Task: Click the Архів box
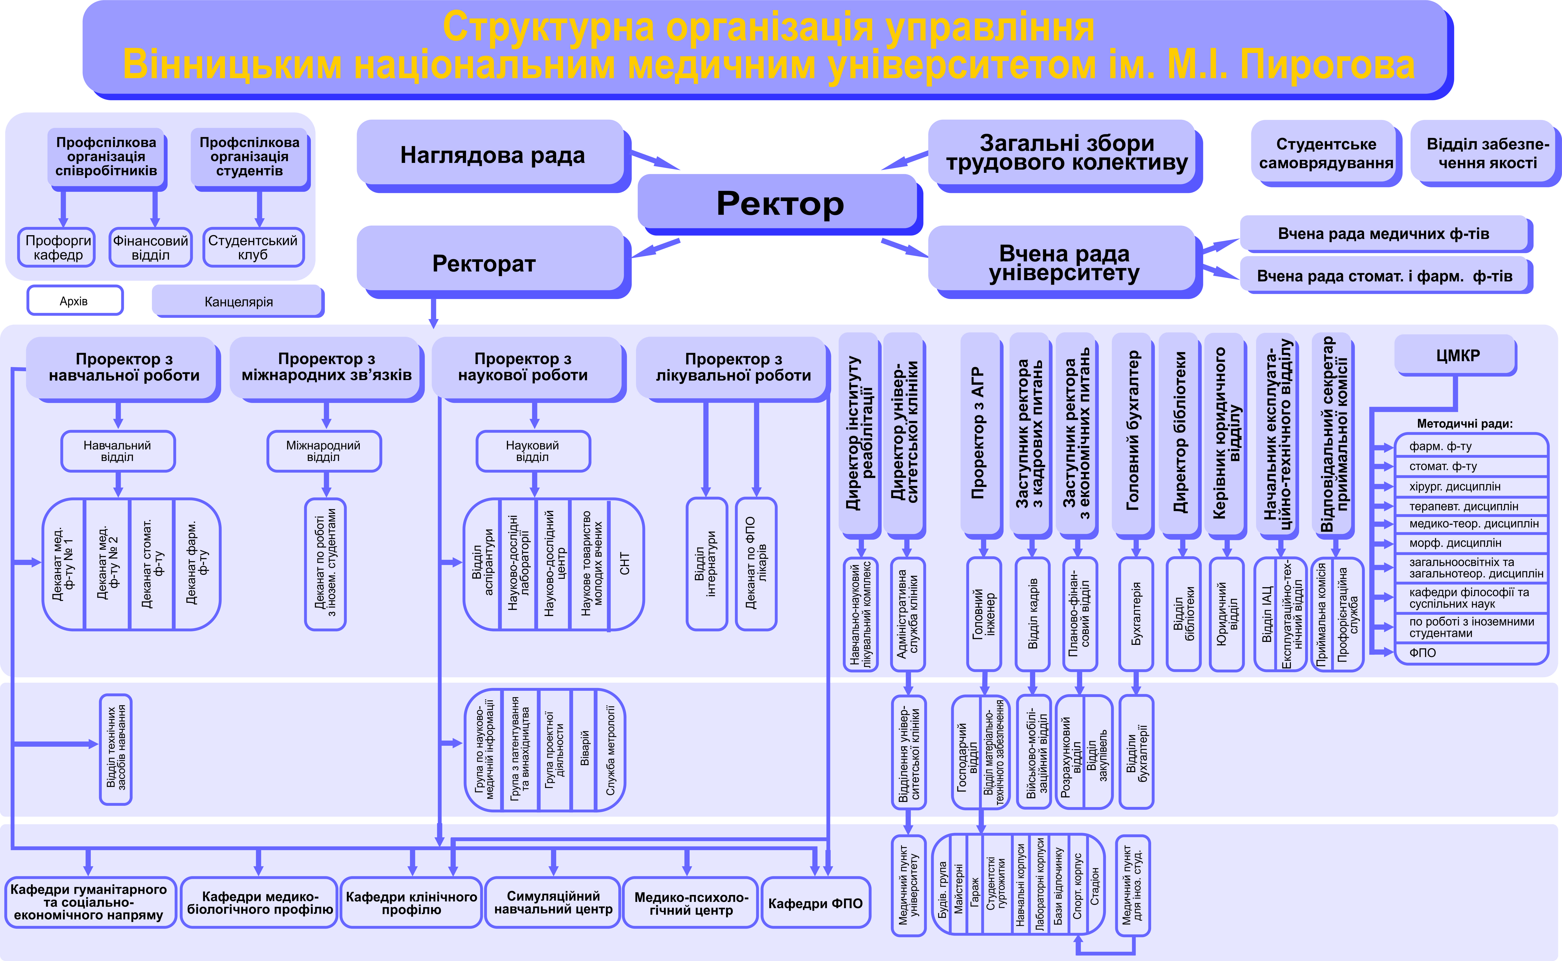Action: (74, 301)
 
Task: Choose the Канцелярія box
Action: (238, 301)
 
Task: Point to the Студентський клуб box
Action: (253, 247)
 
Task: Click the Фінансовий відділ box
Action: (151, 247)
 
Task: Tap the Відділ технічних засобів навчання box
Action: (116, 749)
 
